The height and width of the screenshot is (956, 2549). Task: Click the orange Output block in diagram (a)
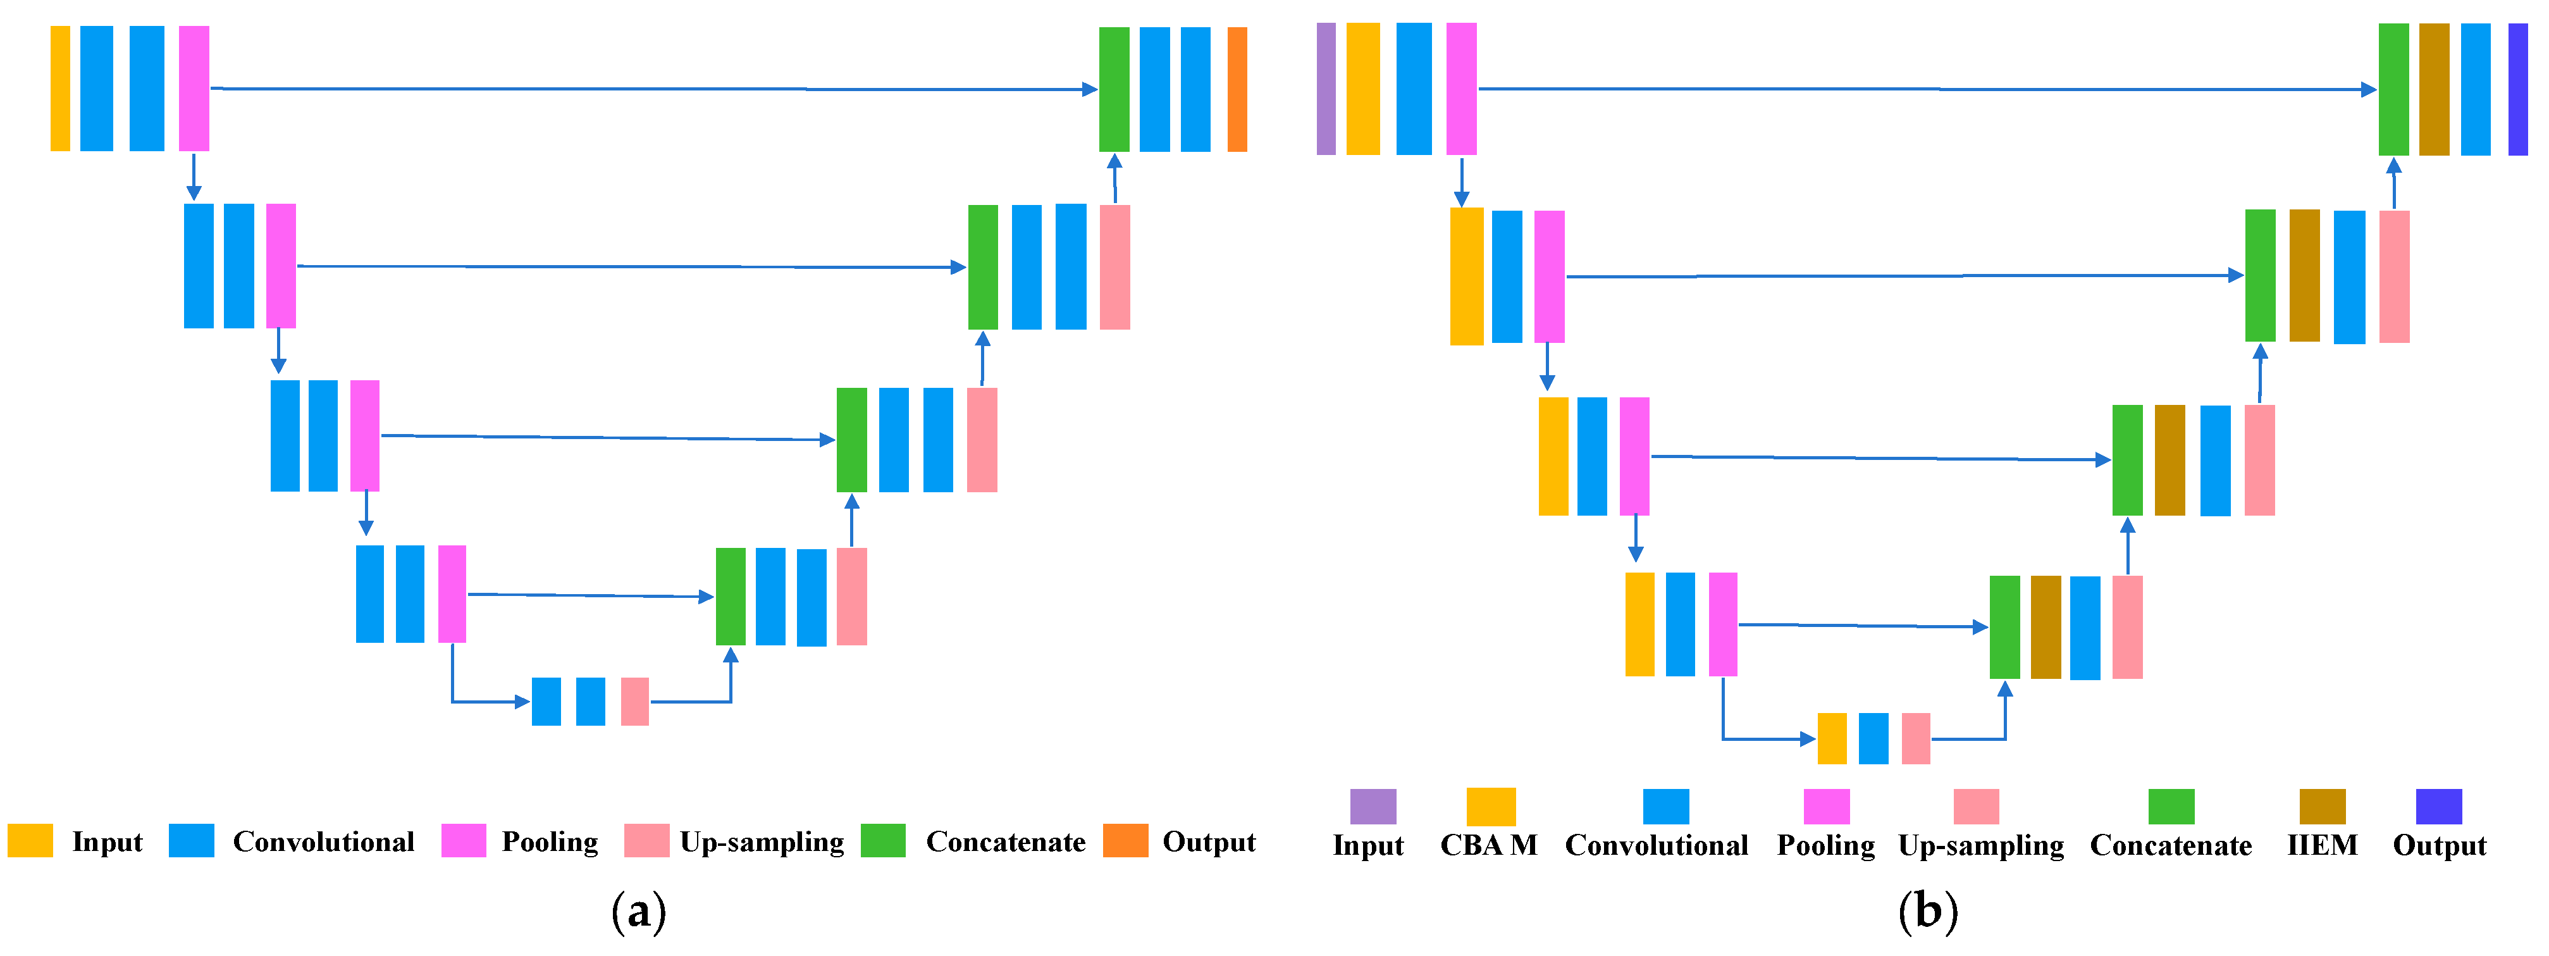click(1237, 89)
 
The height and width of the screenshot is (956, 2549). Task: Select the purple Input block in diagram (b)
click(1326, 89)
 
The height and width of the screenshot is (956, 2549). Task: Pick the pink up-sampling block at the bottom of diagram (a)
click(634, 702)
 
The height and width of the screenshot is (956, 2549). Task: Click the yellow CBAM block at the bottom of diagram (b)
click(1832, 738)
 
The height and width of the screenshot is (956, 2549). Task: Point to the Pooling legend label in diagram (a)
click(550, 842)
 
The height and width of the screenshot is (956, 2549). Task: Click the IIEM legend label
click(2321, 845)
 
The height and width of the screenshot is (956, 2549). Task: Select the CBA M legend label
click(1488, 845)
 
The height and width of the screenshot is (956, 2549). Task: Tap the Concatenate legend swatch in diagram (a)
click(882, 840)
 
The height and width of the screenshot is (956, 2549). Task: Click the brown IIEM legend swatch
click(2321, 807)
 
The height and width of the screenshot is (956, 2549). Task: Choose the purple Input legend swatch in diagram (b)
click(1373, 807)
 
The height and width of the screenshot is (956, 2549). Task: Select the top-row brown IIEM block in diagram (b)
click(2433, 89)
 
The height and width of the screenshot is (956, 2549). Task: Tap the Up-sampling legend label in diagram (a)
click(762, 842)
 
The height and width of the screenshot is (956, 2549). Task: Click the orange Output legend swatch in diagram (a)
click(1125, 840)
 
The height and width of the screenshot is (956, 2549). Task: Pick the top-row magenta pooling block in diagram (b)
click(1460, 89)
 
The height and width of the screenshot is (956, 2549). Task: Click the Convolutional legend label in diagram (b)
click(1657, 845)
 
